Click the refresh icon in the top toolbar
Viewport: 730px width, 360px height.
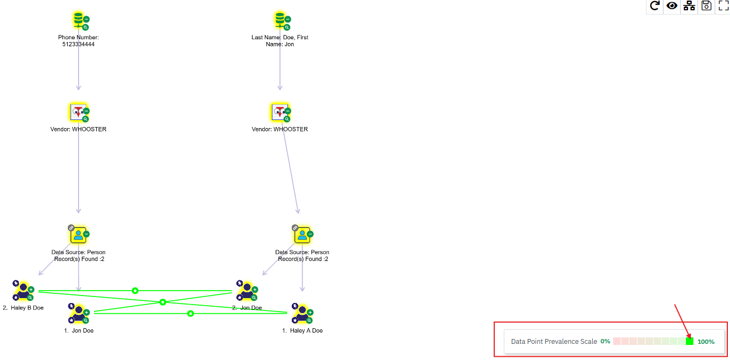(x=655, y=6)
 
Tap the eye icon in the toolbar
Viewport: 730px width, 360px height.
(x=672, y=6)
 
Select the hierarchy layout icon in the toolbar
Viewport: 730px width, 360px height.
(x=689, y=6)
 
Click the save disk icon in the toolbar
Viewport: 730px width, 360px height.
(x=706, y=6)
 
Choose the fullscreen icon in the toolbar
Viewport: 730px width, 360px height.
(x=724, y=6)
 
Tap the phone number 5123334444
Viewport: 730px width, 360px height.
(x=79, y=45)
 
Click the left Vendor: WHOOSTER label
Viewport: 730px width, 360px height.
(x=79, y=129)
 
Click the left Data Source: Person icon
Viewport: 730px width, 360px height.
(x=79, y=235)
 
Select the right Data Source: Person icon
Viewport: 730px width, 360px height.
(x=302, y=235)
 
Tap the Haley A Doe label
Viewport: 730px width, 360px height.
(x=302, y=330)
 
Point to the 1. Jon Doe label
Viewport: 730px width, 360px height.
(x=79, y=330)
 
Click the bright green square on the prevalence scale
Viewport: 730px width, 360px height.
(x=690, y=341)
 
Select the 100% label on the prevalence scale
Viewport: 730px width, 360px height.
(x=706, y=342)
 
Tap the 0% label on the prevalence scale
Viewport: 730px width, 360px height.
(x=605, y=341)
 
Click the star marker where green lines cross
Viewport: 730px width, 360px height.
(x=163, y=302)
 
